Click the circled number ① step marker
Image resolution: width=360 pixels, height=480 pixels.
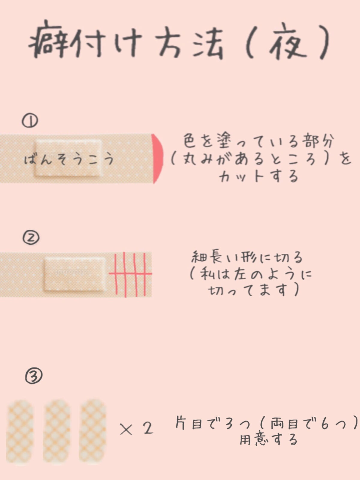pyautogui.click(x=30, y=121)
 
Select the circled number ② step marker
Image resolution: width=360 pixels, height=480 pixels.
pyautogui.click(x=31, y=238)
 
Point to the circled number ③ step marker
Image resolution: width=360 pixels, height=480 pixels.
pyautogui.click(x=34, y=376)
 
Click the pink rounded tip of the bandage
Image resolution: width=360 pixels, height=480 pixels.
pyautogui.click(x=157, y=158)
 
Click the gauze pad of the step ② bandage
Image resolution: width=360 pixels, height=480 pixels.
pyautogui.click(x=75, y=274)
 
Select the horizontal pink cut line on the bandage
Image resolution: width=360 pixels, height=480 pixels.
pyautogui.click(x=130, y=273)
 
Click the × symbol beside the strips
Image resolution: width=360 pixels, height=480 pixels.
pyautogui.click(x=126, y=429)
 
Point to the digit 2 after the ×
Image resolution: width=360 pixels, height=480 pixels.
pyautogui.click(x=148, y=428)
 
